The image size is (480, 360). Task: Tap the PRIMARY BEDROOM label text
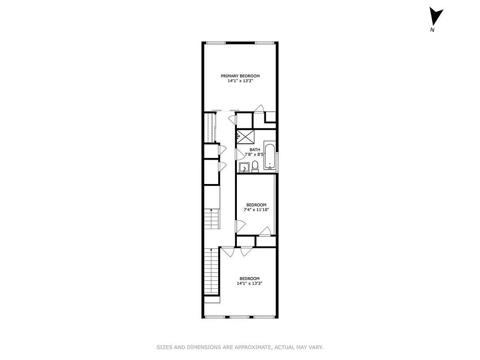[x=240, y=76]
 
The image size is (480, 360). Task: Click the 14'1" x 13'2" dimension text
[x=240, y=81]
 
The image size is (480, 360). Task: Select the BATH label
[x=255, y=150]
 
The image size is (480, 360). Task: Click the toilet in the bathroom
[x=255, y=166]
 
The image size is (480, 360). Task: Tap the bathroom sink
[x=244, y=168]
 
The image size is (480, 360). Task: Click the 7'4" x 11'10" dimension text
[x=256, y=210]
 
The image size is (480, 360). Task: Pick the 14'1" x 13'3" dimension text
[x=249, y=283]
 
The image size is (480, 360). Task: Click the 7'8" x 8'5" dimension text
[x=254, y=155]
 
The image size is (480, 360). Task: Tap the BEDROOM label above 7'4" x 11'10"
[x=256, y=205]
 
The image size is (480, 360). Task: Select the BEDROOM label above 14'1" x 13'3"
[x=249, y=279]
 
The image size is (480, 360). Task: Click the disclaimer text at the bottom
[x=240, y=347]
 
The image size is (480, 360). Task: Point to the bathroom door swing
[x=238, y=154]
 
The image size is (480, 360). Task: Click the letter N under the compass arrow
[x=432, y=30]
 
